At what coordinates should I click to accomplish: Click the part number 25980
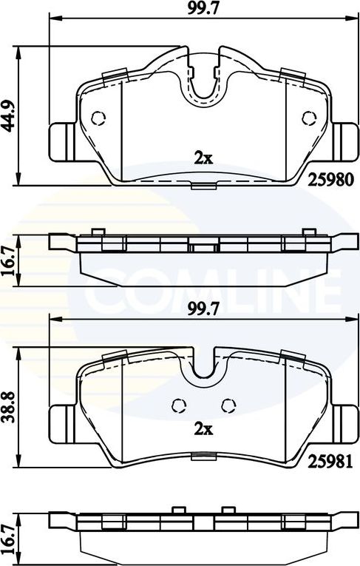[x=330, y=179]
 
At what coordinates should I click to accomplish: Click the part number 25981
[x=330, y=461]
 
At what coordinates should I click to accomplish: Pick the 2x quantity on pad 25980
[x=203, y=158]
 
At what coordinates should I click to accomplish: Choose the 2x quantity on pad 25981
[x=203, y=429]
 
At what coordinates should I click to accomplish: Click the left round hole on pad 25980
[x=98, y=118]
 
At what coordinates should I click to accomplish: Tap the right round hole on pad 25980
[x=309, y=118]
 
